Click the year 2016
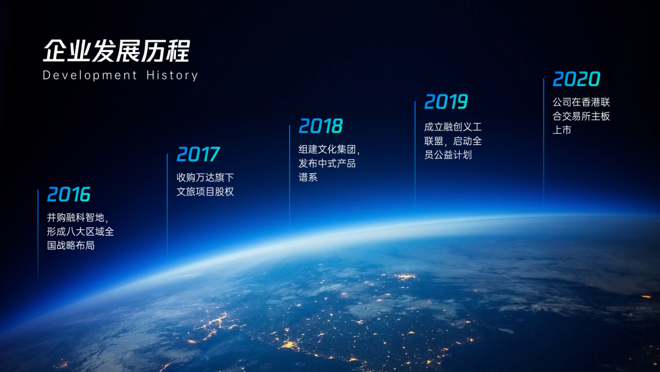click(68, 195)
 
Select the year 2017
click(198, 154)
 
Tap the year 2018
click(321, 126)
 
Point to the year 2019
click(446, 102)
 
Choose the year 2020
click(576, 79)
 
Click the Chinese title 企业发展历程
click(116, 50)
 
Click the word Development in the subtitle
click(90, 75)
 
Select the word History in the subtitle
click(172, 75)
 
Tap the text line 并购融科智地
click(77, 218)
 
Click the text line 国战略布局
click(71, 245)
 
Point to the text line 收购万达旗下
click(205, 177)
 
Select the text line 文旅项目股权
click(205, 192)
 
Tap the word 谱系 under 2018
click(308, 177)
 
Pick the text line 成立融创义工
click(453, 127)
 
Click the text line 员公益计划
click(448, 155)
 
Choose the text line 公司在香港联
click(581, 102)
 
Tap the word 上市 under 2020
click(562, 130)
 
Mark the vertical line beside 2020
click(543, 141)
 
